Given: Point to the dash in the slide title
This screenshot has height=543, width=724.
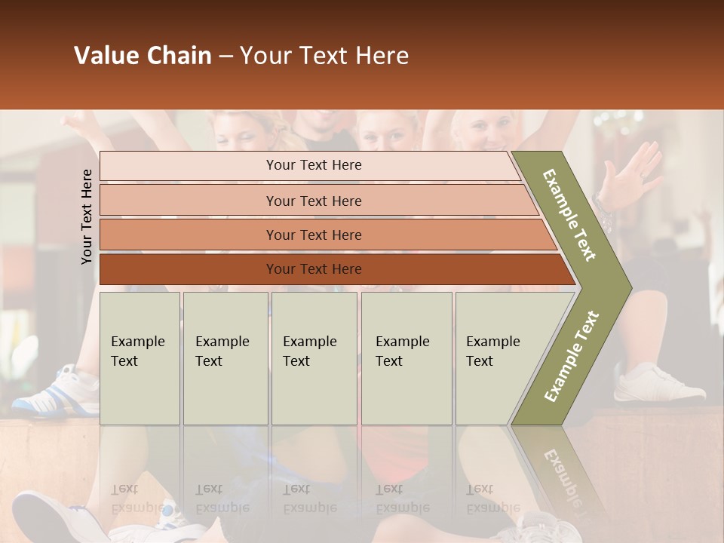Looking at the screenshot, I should click(225, 57).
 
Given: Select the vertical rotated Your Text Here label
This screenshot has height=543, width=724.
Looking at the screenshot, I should click(87, 216).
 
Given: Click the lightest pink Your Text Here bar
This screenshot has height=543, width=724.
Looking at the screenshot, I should click(313, 165).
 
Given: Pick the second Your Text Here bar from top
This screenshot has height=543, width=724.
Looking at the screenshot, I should click(313, 201).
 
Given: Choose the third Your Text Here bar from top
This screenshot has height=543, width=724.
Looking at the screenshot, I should click(313, 235).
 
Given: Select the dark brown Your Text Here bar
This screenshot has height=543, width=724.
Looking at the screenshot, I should click(313, 269).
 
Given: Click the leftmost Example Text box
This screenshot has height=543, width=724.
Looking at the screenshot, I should click(140, 358).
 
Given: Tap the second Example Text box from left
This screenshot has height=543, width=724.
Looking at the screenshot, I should click(225, 358).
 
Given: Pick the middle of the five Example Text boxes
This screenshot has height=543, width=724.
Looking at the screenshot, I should click(314, 358).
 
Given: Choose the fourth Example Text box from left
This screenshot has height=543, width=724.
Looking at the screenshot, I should click(406, 358).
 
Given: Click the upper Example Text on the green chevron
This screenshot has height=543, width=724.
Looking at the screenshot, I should click(570, 215).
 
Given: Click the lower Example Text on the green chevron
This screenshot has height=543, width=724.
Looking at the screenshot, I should click(571, 357).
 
